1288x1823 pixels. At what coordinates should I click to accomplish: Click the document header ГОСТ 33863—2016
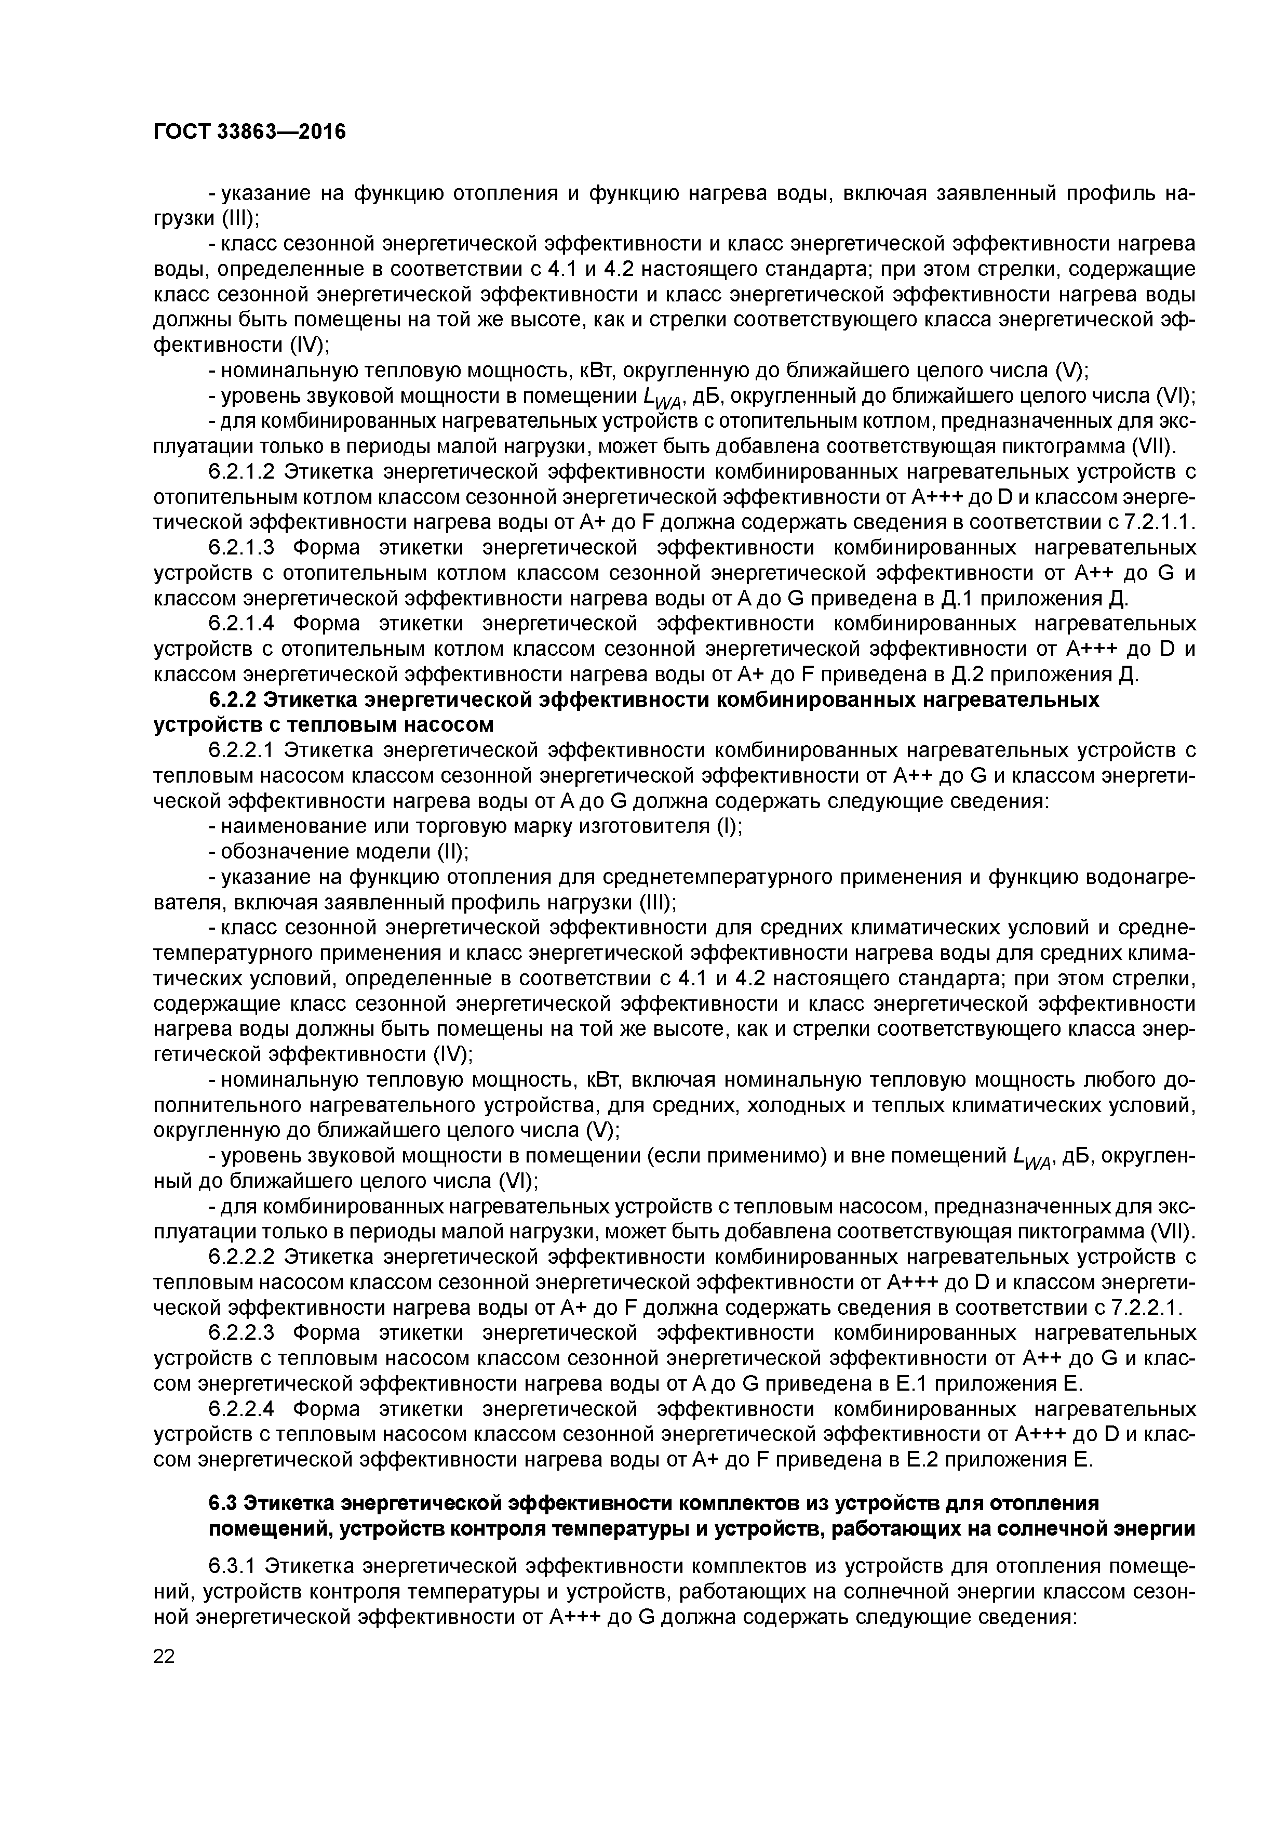(249, 131)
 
